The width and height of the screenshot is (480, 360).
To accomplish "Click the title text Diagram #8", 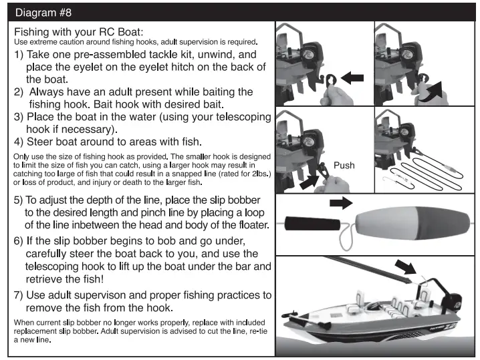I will point(41,11).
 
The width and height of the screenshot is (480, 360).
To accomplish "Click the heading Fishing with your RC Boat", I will point(79,31).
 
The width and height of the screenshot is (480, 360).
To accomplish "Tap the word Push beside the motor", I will point(344,165).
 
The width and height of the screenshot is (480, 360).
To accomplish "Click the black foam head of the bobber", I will point(312,223).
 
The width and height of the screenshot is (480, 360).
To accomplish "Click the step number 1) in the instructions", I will point(19,54).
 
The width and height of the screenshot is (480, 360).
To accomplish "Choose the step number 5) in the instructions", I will point(19,200).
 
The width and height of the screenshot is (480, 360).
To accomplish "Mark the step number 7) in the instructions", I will point(19,295).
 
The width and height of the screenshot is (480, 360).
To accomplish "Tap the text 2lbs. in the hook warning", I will point(258,174).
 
